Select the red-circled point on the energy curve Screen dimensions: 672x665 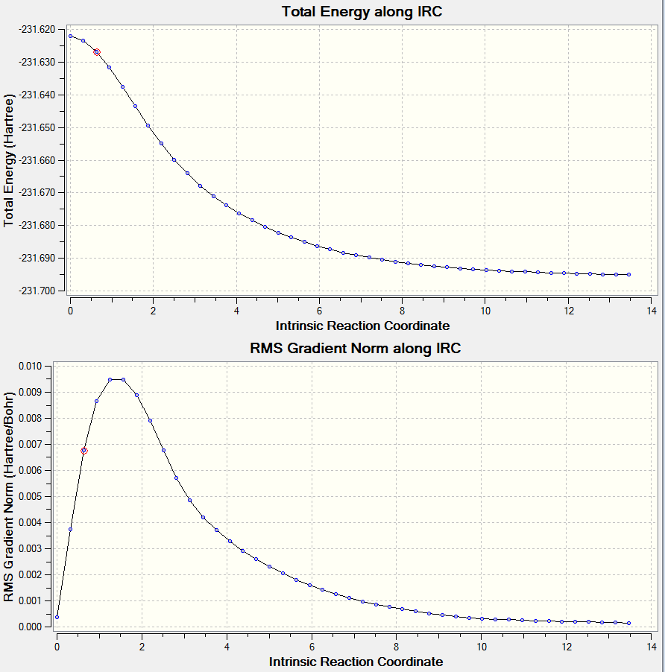(97, 52)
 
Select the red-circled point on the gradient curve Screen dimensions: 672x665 (84, 451)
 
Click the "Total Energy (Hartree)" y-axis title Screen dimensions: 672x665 (10, 160)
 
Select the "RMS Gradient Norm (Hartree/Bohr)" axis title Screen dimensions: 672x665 (9, 496)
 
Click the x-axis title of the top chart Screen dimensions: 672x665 (362, 326)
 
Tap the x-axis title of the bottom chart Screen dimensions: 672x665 (356, 662)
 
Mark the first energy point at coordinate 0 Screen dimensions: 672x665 (70, 36)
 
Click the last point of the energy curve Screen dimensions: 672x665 (628, 274)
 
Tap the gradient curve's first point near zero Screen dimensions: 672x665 (57, 617)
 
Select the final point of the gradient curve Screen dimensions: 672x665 (628, 623)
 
